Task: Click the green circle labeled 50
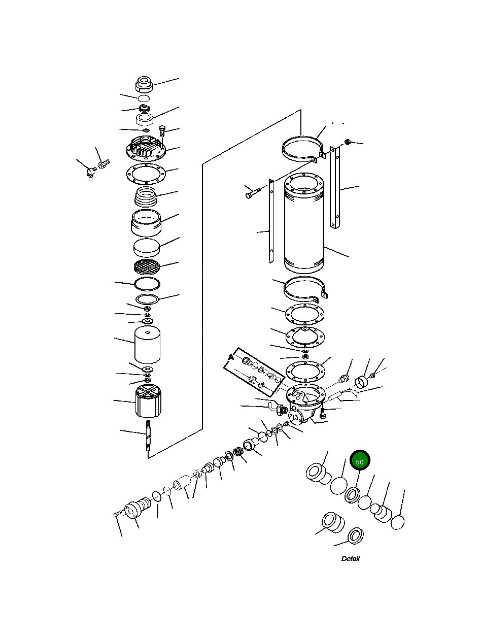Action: click(x=360, y=461)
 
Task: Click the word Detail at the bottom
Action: click(x=350, y=559)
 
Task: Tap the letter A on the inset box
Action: click(x=231, y=357)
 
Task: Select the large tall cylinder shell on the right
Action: click(x=303, y=223)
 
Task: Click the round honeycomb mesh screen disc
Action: click(x=147, y=265)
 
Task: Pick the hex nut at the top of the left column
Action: click(x=145, y=83)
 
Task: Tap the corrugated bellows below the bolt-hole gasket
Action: click(x=146, y=196)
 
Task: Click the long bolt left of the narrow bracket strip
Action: click(x=252, y=192)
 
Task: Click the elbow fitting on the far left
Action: click(x=90, y=174)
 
